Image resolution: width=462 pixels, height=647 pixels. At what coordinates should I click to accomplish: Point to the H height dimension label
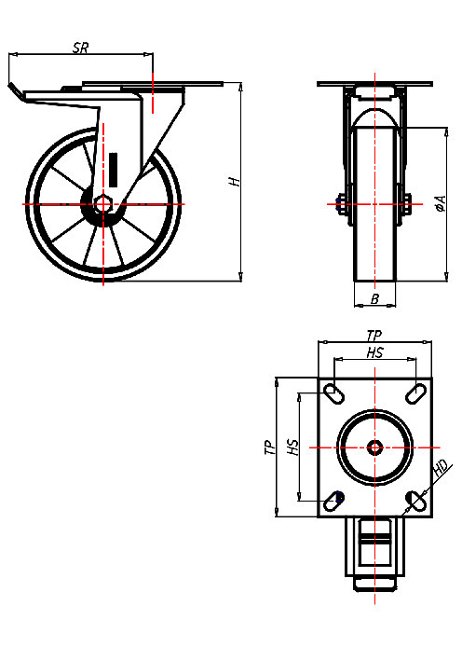pos(237,181)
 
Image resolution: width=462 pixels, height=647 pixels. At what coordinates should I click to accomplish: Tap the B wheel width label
pos(374,298)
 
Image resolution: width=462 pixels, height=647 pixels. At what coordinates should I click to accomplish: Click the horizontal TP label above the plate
pos(374,335)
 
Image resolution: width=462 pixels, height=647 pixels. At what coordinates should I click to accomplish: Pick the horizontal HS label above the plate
pos(374,352)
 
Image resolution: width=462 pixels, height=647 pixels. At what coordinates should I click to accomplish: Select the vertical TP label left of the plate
pos(267,447)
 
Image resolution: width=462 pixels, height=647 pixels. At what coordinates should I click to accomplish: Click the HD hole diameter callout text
pos(442,468)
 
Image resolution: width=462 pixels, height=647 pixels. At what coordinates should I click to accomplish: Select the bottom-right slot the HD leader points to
pos(415,502)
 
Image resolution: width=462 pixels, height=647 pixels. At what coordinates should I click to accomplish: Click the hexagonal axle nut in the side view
pos(103,203)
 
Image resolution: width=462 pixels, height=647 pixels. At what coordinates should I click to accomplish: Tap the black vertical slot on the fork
pos(114,169)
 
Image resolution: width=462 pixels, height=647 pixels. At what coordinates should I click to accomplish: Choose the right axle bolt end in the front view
pos(409,203)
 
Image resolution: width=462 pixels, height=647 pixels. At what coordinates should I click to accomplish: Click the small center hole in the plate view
pos(374,447)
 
